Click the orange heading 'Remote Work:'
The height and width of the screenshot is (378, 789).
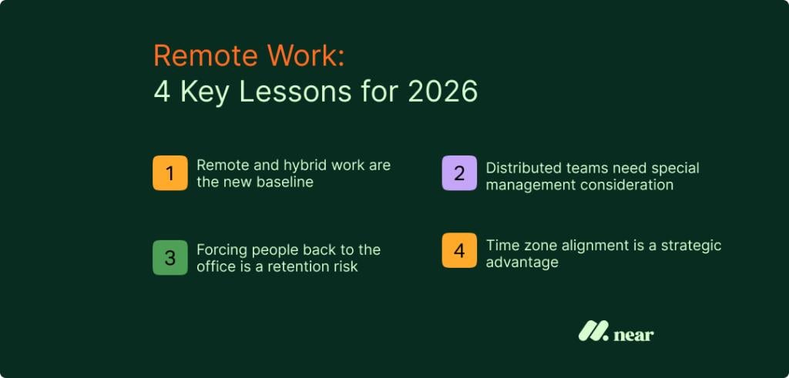(250, 56)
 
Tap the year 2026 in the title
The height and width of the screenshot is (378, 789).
(442, 92)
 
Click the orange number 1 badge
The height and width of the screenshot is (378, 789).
(170, 172)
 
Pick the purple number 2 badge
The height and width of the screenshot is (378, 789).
(459, 172)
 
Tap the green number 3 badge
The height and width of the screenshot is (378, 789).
(170, 258)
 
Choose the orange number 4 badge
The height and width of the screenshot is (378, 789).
(459, 251)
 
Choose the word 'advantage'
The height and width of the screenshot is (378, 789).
(522, 263)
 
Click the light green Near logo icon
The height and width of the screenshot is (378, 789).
(593, 331)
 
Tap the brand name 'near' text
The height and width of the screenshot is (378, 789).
(634, 334)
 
